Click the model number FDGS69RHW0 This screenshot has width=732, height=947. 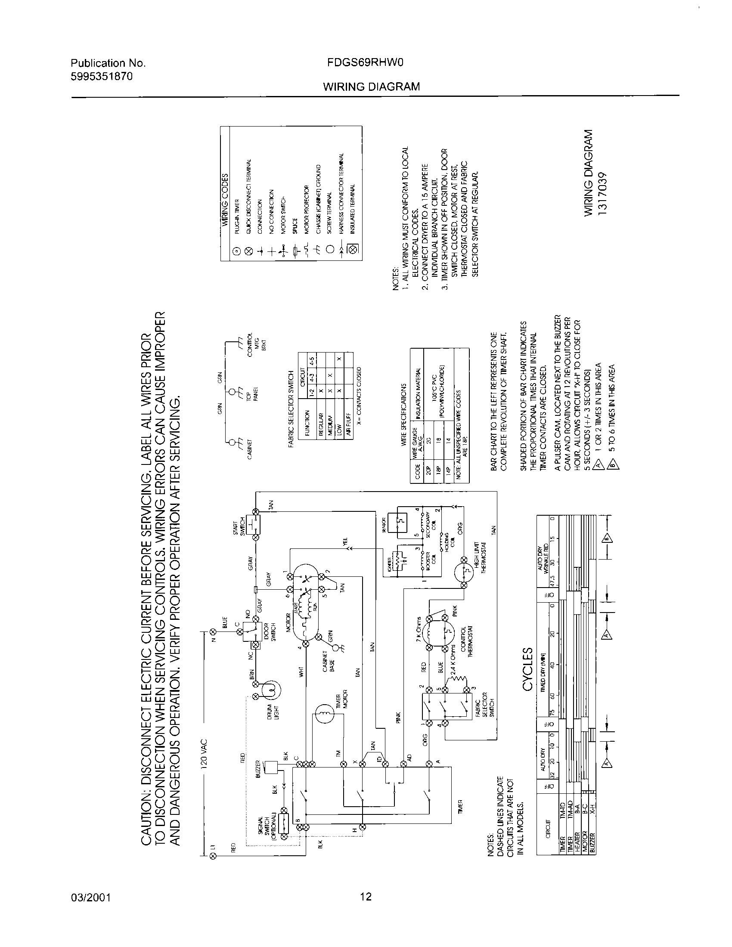tap(366, 63)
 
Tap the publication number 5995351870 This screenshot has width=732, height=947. tap(102, 77)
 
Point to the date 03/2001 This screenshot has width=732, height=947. tap(90, 897)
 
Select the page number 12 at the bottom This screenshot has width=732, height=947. tap(366, 896)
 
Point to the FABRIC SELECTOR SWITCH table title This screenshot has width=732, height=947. tap(292, 409)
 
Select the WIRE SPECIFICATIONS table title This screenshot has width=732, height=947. tap(404, 415)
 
